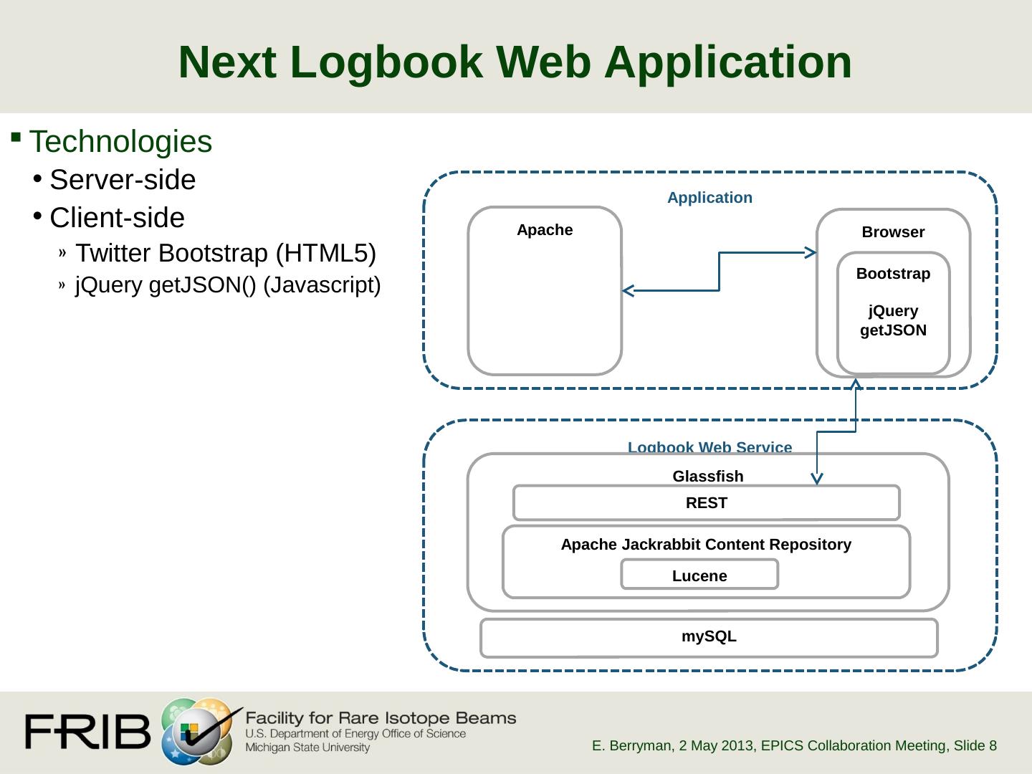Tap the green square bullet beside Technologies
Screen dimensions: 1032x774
point(16,137)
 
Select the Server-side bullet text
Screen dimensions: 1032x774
point(123,179)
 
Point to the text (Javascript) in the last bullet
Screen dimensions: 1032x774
point(322,285)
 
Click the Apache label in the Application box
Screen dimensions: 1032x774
point(545,230)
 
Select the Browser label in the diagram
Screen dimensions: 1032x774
point(893,231)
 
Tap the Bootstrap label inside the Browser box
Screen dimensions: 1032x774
point(893,274)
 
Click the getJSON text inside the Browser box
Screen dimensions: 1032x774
point(893,330)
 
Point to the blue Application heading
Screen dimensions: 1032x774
point(709,198)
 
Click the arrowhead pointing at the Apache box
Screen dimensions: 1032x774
point(628,291)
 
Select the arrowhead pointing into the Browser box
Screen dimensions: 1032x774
point(811,253)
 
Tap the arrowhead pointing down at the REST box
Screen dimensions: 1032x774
point(817,479)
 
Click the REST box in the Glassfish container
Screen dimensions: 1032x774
point(706,503)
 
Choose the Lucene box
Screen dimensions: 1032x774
point(699,574)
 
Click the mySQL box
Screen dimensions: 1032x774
point(709,638)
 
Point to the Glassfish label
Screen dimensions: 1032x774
point(707,476)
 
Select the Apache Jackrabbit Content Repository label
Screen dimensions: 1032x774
point(706,544)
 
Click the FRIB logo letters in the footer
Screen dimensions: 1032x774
point(87,731)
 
